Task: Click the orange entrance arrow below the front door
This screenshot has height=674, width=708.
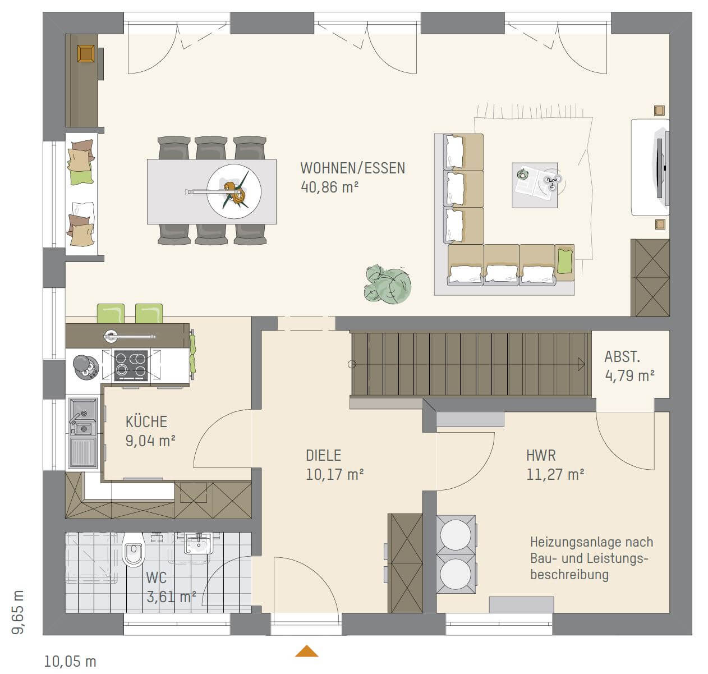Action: click(x=306, y=650)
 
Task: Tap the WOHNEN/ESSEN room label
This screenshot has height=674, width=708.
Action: click(x=352, y=168)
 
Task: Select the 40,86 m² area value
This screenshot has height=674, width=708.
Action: click(x=329, y=187)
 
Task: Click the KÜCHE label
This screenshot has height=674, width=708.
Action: click(x=146, y=421)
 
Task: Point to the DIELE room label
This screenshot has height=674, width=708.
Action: click(x=323, y=455)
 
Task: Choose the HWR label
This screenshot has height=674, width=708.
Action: click(x=541, y=455)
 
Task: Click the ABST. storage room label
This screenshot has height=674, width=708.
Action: click(x=622, y=356)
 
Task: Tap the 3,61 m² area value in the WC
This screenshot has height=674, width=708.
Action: click(x=171, y=597)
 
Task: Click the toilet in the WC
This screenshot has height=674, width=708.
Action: click(x=133, y=550)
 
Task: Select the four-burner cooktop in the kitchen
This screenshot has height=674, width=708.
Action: click(x=131, y=365)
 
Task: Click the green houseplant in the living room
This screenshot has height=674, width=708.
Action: click(x=388, y=285)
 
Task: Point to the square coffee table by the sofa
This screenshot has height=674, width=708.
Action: click(x=535, y=185)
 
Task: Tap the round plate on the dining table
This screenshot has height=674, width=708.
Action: click(x=234, y=191)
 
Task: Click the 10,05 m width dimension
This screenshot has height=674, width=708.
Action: click(x=70, y=662)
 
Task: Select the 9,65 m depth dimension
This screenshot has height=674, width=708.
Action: click(x=17, y=612)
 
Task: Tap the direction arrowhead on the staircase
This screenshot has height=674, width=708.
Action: click(x=581, y=364)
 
